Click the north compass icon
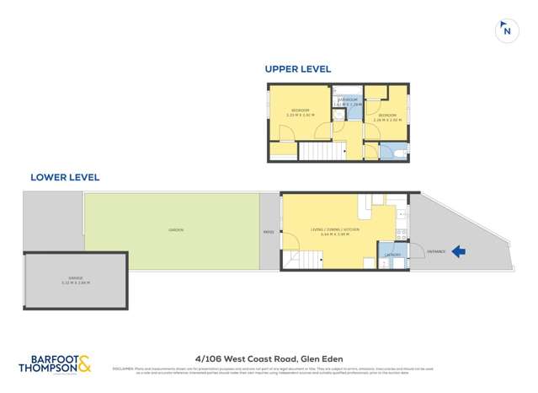[x=506, y=30]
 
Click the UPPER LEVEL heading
[x=297, y=69]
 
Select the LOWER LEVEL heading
[x=64, y=177]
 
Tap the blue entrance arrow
[x=460, y=250]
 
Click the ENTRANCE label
[x=437, y=250]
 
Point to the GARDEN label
[x=175, y=230]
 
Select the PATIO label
[x=269, y=232]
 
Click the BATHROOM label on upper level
[x=347, y=100]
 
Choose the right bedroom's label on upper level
[x=387, y=116]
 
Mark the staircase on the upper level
[x=322, y=151]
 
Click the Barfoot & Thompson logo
[x=54, y=363]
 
